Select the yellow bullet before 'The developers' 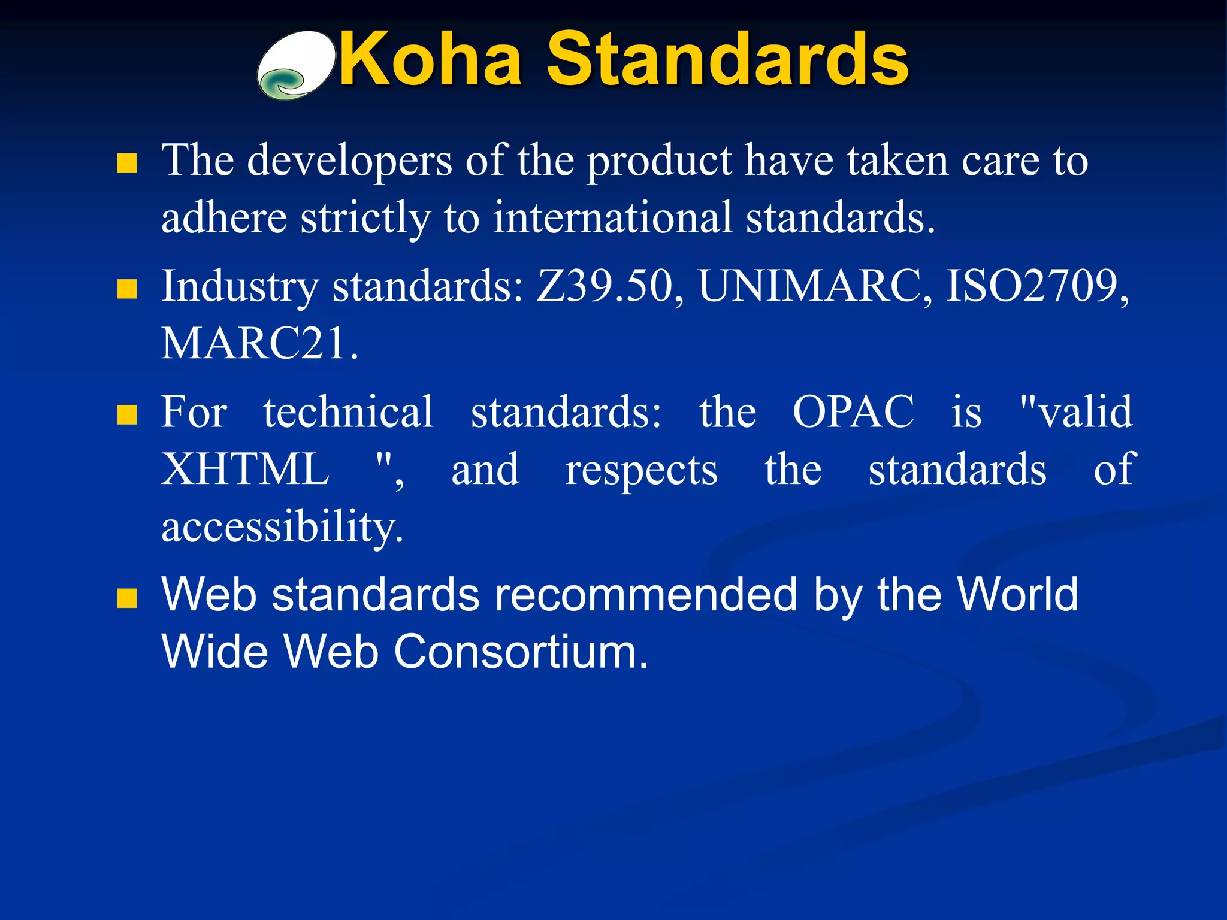click(127, 163)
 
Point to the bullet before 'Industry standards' click(127, 289)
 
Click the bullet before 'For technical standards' click(127, 414)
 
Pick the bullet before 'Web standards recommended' click(127, 598)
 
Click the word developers click(349, 162)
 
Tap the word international click(612, 218)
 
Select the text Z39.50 click(609, 287)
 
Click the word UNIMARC click(815, 287)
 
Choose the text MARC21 click(259, 344)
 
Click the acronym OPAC click(853, 412)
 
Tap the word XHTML click(245, 470)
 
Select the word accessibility click(282, 527)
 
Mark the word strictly click(365, 218)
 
